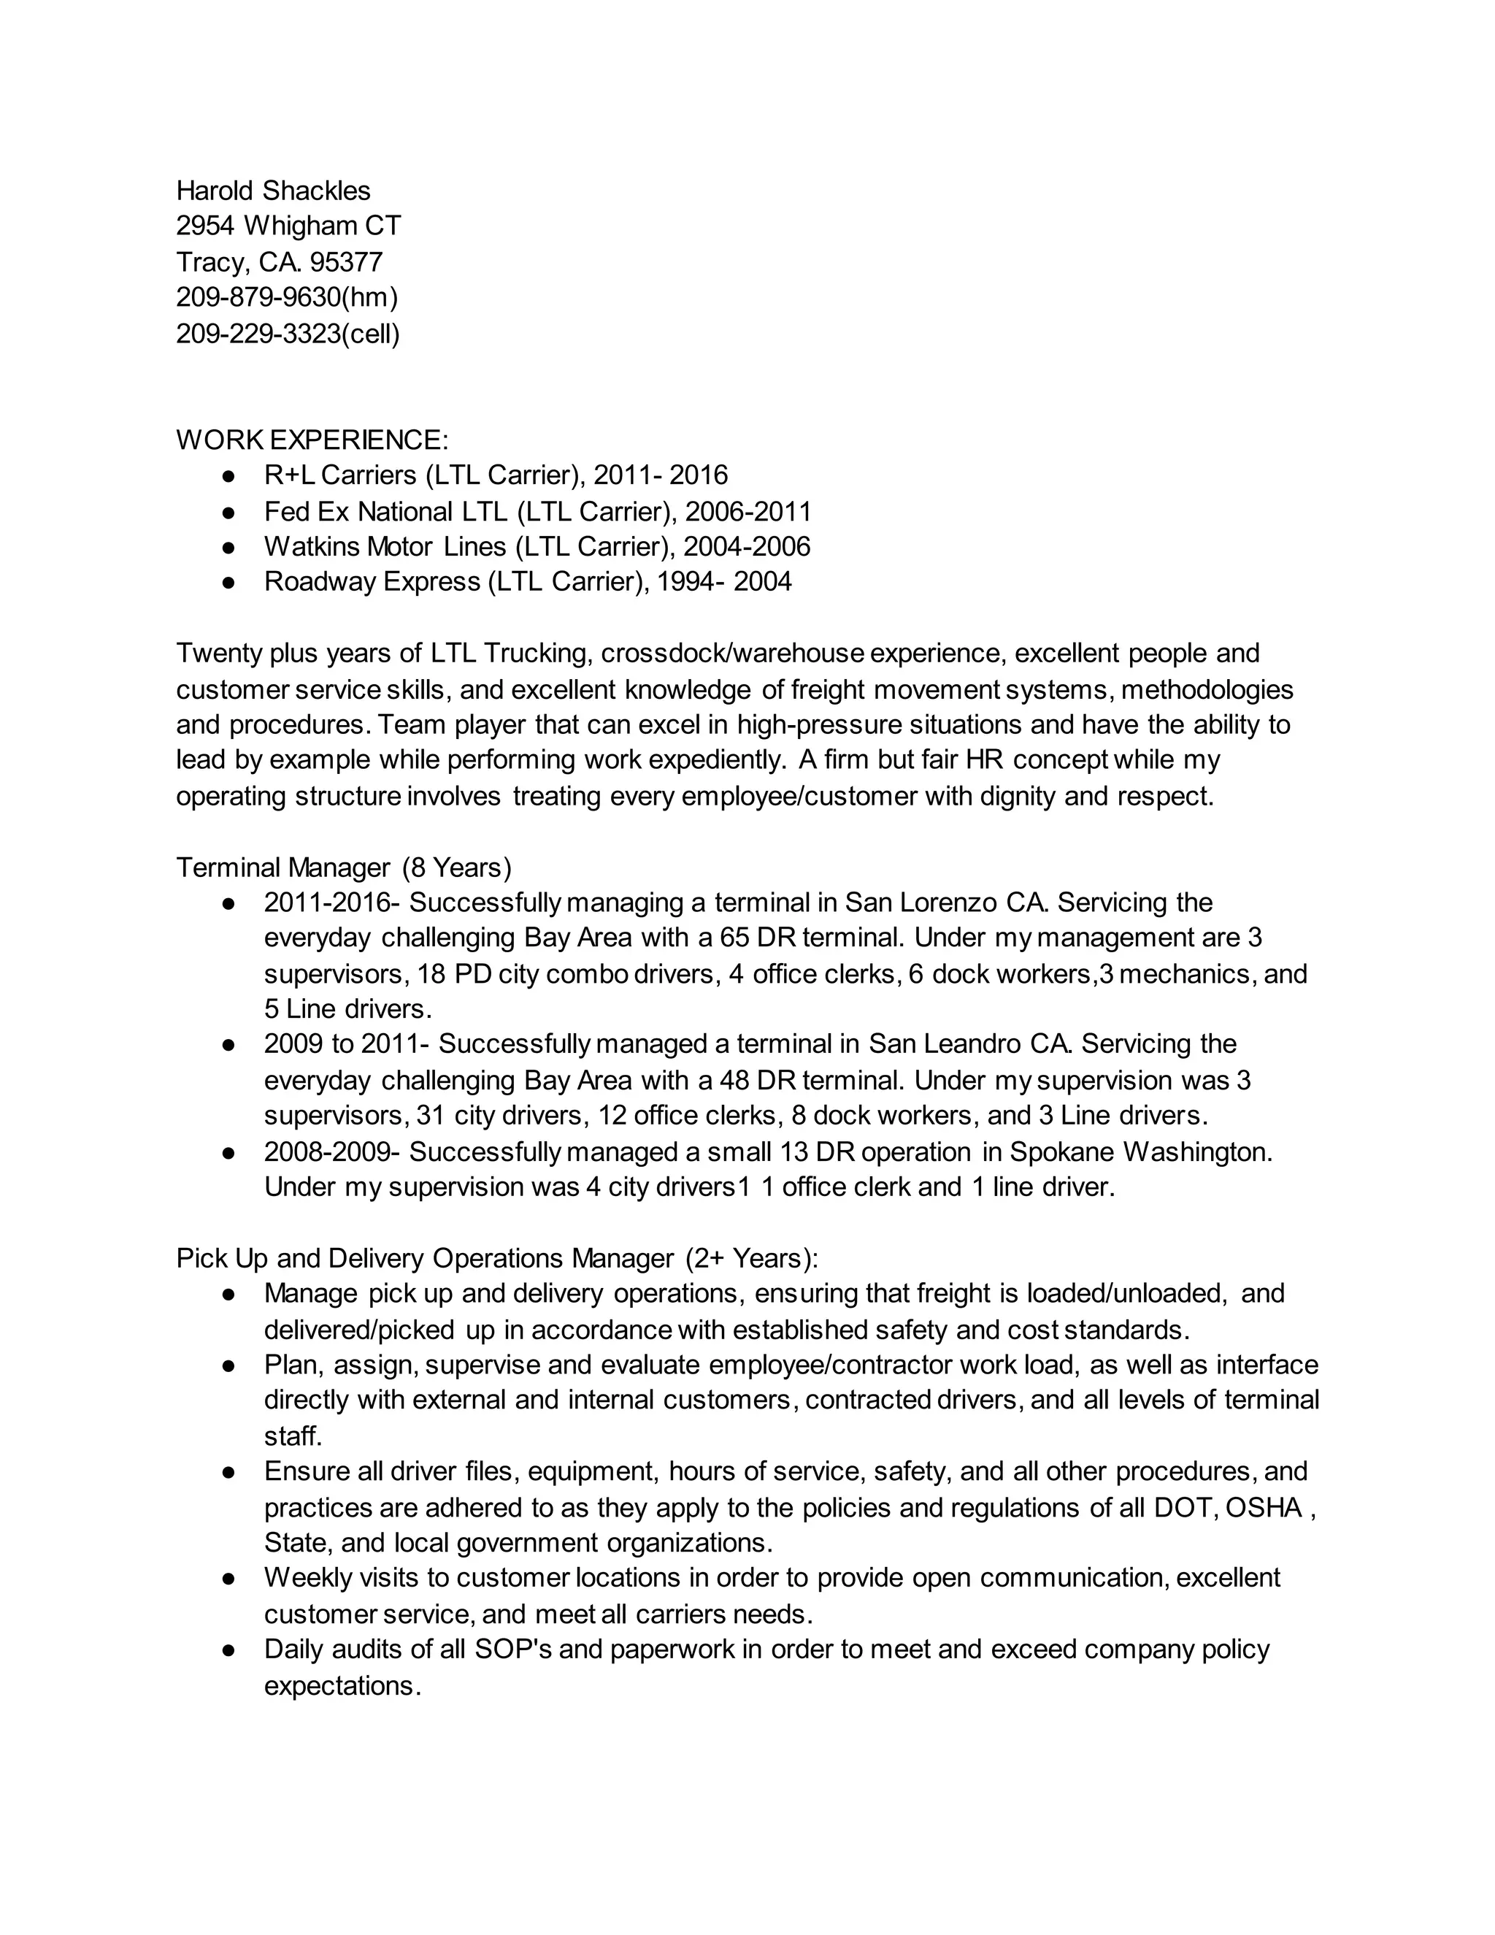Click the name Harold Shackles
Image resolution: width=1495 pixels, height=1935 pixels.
point(273,191)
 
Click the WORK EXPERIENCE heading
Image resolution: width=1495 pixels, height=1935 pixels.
point(312,440)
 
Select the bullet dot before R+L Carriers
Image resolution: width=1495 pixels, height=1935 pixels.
point(228,477)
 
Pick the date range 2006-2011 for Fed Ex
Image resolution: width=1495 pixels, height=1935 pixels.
point(747,511)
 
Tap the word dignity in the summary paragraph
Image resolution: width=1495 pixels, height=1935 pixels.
point(1018,797)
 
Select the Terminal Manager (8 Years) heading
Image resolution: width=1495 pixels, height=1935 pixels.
point(344,867)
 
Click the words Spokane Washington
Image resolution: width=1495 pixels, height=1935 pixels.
point(1139,1152)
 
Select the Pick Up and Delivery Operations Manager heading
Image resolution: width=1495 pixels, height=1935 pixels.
point(497,1258)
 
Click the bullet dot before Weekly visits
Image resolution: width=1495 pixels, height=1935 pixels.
point(228,1579)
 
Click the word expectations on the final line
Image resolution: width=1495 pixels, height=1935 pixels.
point(341,1686)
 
